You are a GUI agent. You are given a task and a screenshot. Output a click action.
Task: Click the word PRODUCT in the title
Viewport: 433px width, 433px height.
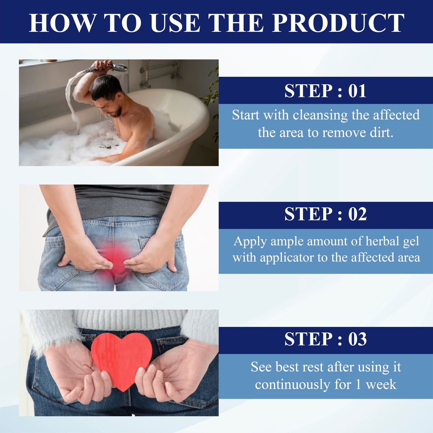[338, 23]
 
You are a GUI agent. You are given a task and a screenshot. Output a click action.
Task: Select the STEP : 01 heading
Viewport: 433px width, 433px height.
[325, 91]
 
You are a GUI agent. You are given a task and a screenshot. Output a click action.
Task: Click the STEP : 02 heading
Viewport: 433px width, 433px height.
[325, 214]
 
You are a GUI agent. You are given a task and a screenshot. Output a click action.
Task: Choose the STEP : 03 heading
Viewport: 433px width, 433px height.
[325, 339]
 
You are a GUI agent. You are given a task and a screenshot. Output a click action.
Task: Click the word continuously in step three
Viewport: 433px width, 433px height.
[292, 385]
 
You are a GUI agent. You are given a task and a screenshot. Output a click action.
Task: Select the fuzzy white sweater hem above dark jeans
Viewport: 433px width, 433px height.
[129, 319]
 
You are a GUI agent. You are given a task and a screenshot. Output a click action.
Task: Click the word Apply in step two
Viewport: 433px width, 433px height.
[250, 241]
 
